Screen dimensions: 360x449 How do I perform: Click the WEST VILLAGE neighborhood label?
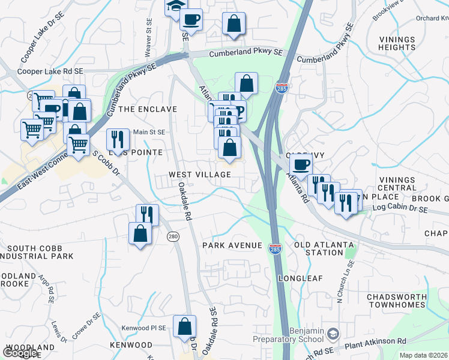coord(199,174)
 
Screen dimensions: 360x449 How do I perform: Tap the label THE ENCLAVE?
coord(148,109)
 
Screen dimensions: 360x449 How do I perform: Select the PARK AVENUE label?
coord(232,245)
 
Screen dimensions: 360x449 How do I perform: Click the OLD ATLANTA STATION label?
coord(319,248)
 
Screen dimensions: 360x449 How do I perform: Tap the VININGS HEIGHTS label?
coord(397,43)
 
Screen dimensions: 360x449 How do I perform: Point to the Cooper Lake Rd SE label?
coord(50,71)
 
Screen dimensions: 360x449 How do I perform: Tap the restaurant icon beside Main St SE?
coord(118,139)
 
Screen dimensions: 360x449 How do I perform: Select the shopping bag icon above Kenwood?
coord(184,326)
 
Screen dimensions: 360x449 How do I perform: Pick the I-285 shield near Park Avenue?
coord(276,249)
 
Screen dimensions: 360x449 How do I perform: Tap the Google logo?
coord(20,353)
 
